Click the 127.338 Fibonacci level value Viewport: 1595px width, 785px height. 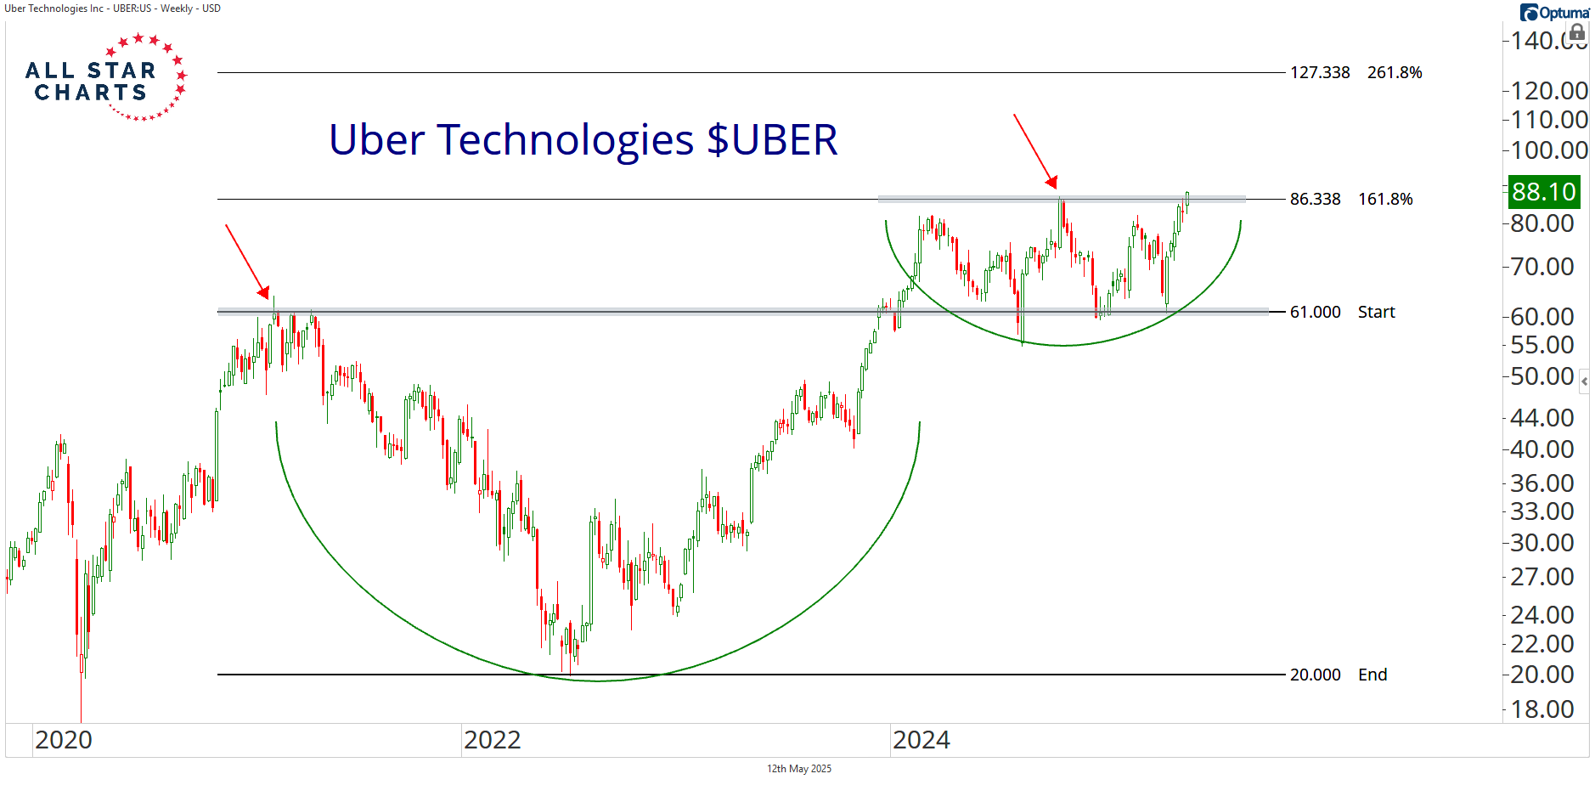point(1320,73)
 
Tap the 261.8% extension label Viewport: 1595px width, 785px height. point(1395,73)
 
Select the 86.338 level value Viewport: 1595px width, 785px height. point(1315,200)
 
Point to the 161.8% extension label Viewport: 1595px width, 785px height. point(1385,200)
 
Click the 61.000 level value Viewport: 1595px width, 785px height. point(1315,313)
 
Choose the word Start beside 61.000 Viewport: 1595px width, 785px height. point(1376,313)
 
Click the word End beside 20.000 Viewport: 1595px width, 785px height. point(1372,675)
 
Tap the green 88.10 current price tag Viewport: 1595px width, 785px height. point(1543,192)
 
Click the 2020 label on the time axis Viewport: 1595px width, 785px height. point(64,740)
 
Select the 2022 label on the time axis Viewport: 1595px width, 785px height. point(493,740)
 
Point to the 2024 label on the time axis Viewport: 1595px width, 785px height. point(921,740)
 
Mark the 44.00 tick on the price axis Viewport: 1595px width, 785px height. point(1542,418)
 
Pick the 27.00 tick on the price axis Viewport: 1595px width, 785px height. point(1542,577)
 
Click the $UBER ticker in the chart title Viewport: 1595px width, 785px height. point(772,140)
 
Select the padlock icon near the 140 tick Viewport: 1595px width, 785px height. point(1576,33)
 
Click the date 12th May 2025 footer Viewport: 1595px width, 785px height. point(798,769)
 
